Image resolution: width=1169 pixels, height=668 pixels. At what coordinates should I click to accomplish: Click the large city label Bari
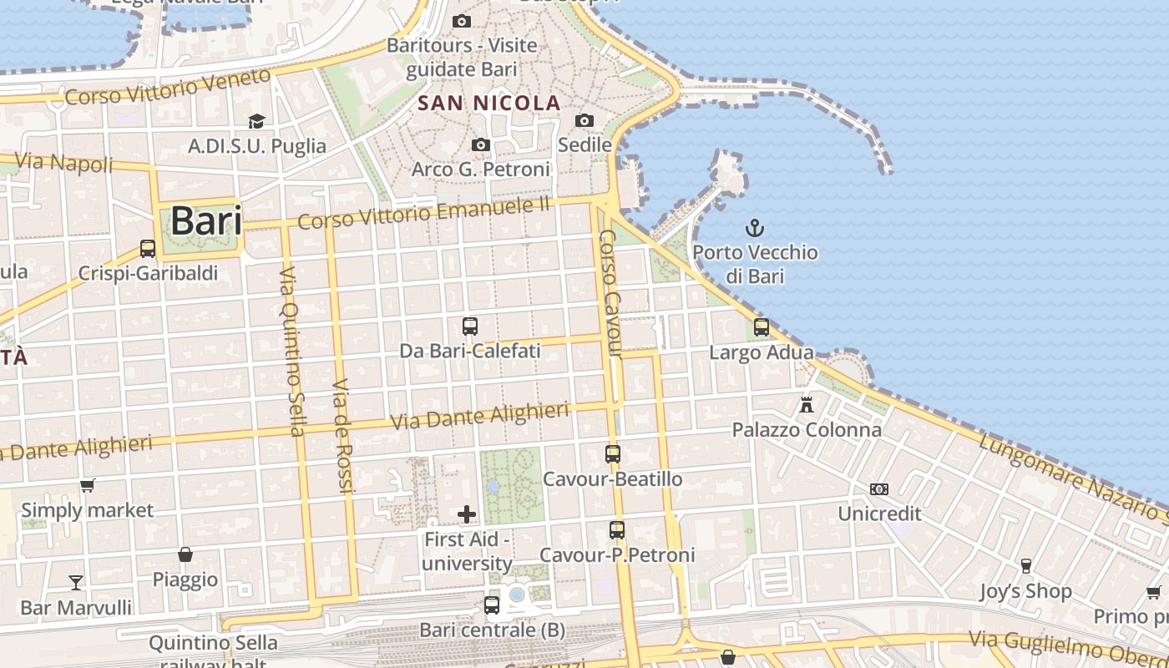206,221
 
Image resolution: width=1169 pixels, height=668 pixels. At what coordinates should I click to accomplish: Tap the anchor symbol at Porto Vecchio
755,227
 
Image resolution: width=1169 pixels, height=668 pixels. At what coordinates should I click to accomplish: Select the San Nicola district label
489,104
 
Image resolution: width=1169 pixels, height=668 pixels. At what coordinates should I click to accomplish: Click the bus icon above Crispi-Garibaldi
148,249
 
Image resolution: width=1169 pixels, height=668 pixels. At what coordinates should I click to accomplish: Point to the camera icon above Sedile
584,121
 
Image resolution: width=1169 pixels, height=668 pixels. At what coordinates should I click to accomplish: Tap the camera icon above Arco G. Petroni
480,145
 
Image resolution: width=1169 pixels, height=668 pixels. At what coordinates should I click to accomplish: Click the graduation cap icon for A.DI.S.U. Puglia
256,122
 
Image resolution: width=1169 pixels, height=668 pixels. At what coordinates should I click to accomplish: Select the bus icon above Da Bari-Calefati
470,326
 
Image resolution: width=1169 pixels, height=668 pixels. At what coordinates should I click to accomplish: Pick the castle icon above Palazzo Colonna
807,405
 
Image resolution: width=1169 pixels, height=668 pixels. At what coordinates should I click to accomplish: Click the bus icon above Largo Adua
761,327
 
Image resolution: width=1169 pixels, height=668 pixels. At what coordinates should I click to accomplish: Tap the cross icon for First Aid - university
467,514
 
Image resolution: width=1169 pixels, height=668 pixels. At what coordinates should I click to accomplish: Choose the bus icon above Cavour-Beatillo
613,454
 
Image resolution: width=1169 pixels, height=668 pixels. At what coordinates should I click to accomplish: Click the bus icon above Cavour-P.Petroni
617,530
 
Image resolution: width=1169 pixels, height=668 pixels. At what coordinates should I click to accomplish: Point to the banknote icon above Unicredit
879,489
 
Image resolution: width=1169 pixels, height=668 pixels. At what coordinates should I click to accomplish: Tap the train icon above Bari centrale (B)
492,605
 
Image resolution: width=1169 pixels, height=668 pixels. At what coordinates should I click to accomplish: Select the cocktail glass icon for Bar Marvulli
76,582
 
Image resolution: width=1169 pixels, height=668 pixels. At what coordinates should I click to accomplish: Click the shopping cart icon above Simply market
87,485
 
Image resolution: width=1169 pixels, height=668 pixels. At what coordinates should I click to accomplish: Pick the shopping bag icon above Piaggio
185,554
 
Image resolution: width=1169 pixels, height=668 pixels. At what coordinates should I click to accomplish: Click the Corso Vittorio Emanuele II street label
424,213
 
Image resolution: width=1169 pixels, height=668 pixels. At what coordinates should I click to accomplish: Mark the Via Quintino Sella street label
291,352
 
